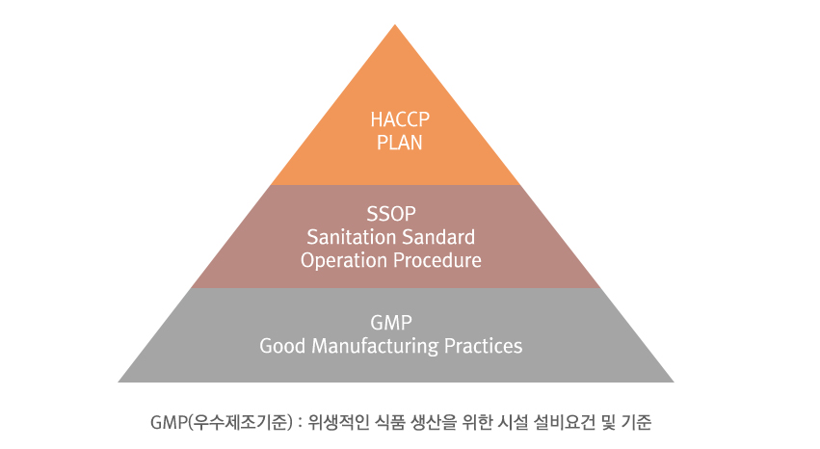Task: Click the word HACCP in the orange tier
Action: click(400, 119)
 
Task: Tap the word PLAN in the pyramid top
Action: click(400, 143)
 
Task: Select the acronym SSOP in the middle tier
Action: click(391, 214)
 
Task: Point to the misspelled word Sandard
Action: click(433, 237)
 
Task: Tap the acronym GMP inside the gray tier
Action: click(391, 323)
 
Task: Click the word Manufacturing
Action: click(375, 347)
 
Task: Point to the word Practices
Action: click(483, 346)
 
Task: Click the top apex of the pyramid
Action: click(395, 24)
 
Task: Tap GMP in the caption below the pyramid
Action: click(168, 422)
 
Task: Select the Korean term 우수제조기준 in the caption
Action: click(240, 422)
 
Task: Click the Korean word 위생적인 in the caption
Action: click(337, 422)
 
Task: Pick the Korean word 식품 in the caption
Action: click(390, 422)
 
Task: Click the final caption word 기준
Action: click(637, 422)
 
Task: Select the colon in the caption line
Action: click(300, 423)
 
